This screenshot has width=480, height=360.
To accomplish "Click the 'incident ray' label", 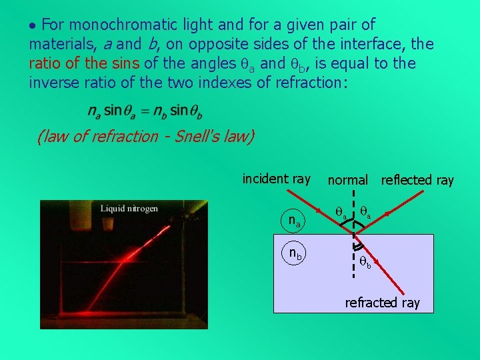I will click(276, 179).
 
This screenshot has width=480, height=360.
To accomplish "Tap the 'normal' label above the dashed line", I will click(347, 180).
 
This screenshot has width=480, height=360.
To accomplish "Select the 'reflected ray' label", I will click(417, 180).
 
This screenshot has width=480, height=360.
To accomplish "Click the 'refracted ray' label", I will click(382, 303).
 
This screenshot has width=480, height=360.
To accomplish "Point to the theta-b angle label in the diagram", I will click(366, 262).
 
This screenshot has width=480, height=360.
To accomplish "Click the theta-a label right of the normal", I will click(365, 212).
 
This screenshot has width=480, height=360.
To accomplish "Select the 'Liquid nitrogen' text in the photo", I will click(129, 209).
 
